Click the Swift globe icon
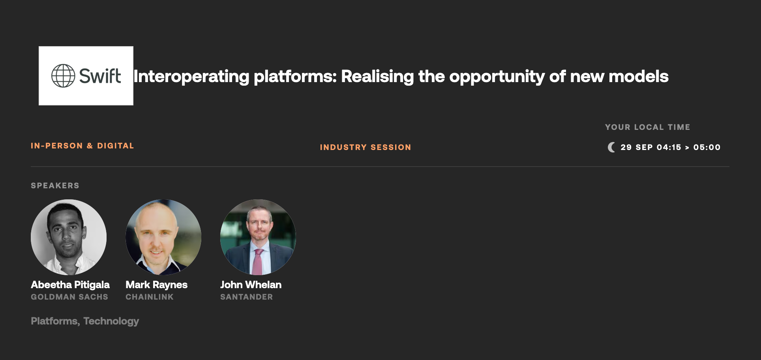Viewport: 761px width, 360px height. click(63, 76)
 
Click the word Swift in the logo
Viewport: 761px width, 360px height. click(100, 76)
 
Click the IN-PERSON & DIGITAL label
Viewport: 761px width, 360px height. click(82, 146)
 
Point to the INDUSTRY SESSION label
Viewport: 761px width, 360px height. click(366, 147)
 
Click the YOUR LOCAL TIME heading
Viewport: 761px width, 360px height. click(648, 127)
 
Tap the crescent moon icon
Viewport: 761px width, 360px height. click(611, 147)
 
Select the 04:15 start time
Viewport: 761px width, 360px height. click(669, 147)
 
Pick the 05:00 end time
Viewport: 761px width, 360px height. click(707, 147)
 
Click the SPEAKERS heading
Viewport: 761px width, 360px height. click(55, 186)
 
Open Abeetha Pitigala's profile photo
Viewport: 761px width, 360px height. click(69, 237)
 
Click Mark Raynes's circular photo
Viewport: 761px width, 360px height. click(163, 237)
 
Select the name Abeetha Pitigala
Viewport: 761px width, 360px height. click(70, 285)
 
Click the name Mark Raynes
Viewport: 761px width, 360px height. click(156, 285)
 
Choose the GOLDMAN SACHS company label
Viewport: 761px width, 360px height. click(69, 297)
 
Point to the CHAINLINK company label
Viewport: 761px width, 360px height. click(150, 297)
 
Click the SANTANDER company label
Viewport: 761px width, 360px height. click(246, 297)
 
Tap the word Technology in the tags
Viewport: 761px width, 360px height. click(111, 321)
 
